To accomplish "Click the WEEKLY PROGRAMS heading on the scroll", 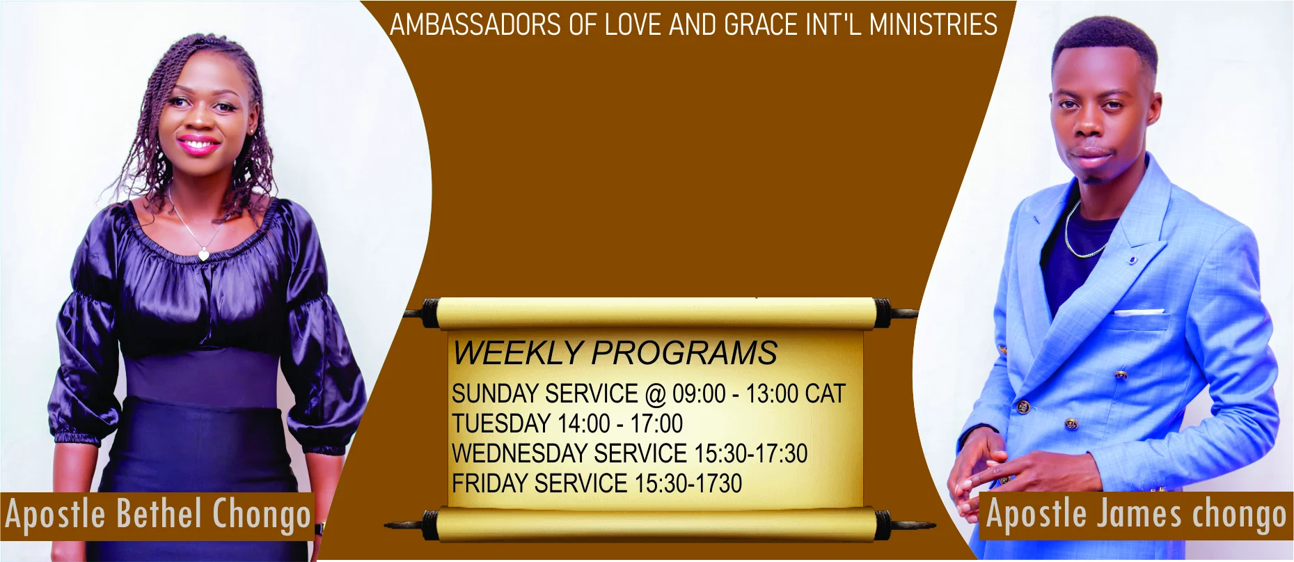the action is click(x=615, y=352).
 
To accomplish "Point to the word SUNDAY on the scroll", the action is click(x=496, y=393).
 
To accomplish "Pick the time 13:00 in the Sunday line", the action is click(x=772, y=393).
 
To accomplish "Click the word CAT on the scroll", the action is click(x=825, y=393).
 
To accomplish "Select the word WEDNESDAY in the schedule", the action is click(x=520, y=453).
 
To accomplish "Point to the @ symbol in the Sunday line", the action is click(x=656, y=394).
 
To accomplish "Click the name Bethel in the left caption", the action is click(x=159, y=514).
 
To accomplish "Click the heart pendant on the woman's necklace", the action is click(x=203, y=254).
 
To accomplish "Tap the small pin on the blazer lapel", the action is click(x=1133, y=260).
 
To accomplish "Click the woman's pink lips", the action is click(x=198, y=146).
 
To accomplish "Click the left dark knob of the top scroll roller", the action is click(x=430, y=313).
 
